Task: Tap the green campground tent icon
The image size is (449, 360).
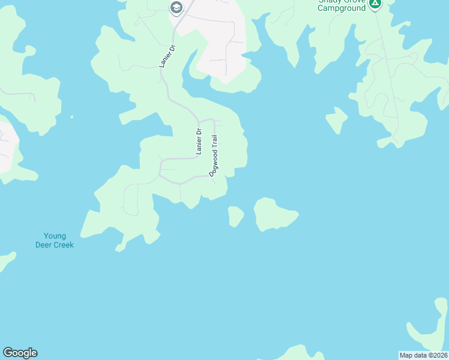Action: (375, 4)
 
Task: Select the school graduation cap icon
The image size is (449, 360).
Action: (176, 8)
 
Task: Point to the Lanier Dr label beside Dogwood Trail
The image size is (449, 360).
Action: (197, 142)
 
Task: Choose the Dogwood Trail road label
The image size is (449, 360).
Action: (214, 155)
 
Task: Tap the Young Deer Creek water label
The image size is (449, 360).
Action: (55, 240)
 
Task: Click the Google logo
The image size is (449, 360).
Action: (20, 353)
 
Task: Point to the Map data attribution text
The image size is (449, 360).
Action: (423, 355)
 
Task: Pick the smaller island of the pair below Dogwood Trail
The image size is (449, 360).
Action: (235, 216)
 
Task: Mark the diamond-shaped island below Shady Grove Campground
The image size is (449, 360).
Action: (337, 119)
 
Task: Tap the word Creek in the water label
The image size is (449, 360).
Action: (64, 245)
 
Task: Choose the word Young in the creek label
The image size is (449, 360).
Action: (55, 236)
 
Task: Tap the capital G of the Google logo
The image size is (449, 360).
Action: (8, 352)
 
